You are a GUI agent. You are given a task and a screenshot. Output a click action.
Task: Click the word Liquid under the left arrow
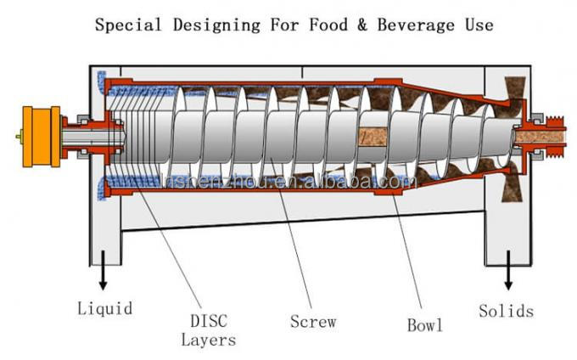point(104,307)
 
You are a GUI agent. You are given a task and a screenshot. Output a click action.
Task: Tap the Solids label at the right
point(506,311)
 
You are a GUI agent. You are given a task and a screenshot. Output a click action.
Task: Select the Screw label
point(312,322)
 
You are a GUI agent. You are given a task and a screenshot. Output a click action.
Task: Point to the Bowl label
point(424,324)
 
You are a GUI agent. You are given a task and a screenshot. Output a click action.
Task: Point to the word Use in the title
point(476,24)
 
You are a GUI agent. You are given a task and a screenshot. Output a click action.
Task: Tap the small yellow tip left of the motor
point(19,136)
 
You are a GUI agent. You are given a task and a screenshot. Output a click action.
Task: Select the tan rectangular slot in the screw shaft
point(374,136)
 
